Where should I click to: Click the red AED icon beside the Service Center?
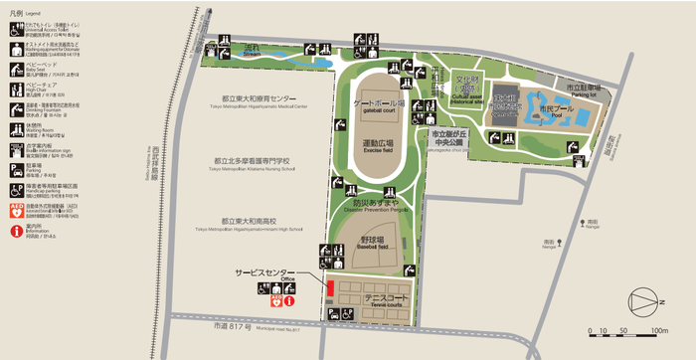[275, 301]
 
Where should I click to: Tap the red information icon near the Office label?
[288, 301]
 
